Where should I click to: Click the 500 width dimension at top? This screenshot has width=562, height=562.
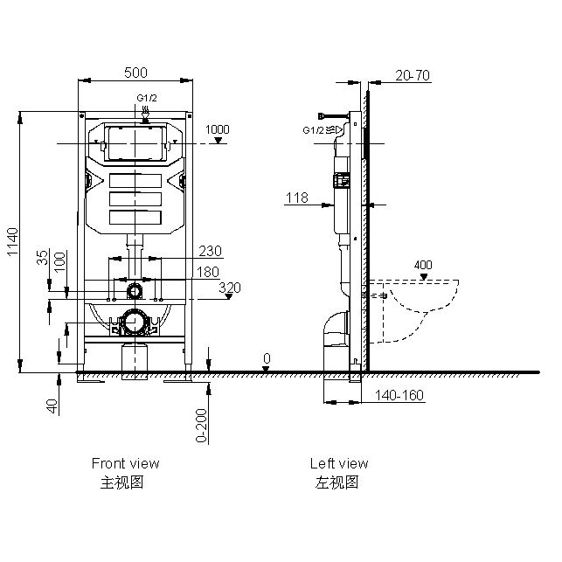coord(136,72)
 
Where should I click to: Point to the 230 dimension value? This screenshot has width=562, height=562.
coord(210,251)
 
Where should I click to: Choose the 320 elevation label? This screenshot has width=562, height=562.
coord(229,286)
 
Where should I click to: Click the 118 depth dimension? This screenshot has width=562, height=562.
coord(296,198)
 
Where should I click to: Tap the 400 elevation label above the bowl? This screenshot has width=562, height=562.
coord(423,265)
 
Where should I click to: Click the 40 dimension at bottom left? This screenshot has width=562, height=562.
coord(52,406)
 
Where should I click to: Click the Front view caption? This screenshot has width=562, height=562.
coord(125,463)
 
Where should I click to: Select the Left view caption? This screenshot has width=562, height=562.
coord(339,463)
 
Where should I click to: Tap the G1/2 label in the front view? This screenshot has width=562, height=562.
coord(146,98)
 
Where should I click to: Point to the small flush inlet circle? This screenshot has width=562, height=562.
coord(134,290)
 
